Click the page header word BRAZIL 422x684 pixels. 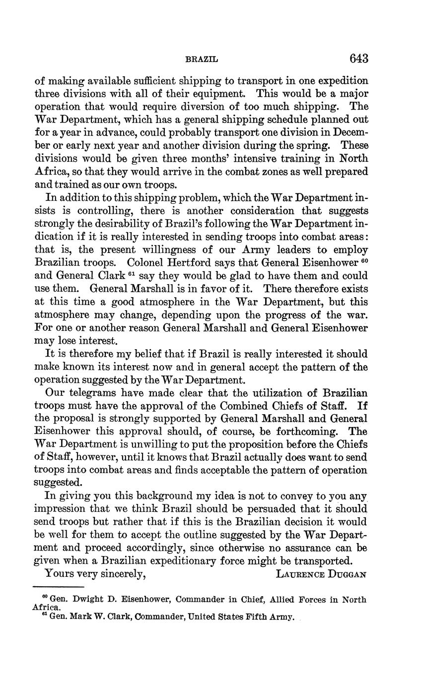pos(201,59)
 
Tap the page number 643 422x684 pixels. pos(358,59)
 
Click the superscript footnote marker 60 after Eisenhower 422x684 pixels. pos(363,260)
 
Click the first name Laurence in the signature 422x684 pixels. pos(300,574)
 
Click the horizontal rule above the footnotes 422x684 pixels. pos(57,587)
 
